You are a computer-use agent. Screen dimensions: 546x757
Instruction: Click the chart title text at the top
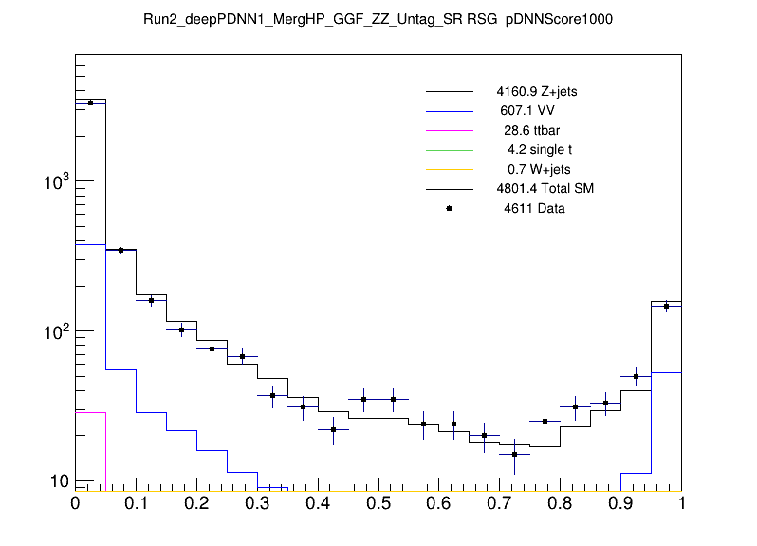pos(378,19)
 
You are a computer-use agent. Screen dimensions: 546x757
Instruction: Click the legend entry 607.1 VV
pos(536,111)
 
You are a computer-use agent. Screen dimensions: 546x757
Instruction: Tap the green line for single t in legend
pos(449,150)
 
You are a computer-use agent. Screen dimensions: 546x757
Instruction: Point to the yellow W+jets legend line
pos(449,169)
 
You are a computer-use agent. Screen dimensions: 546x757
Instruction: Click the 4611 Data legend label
pos(534,208)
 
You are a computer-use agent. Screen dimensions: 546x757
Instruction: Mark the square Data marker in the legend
pos(449,208)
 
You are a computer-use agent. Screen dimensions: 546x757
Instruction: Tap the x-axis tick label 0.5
pos(378,503)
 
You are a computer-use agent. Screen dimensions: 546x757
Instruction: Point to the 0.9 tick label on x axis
pos(621,503)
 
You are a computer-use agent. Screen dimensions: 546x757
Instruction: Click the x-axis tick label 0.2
pos(196,503)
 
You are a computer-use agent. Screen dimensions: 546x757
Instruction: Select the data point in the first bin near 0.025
pos(90,103)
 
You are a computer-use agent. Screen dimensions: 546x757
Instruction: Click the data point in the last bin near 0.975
pos(666,306)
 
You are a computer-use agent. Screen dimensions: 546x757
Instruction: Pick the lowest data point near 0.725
pos(514,455)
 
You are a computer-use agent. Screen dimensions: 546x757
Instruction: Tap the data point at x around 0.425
pos(333,430)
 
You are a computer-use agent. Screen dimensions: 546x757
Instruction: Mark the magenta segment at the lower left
pos(90,412)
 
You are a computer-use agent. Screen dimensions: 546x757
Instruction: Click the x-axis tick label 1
pos(681,503)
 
